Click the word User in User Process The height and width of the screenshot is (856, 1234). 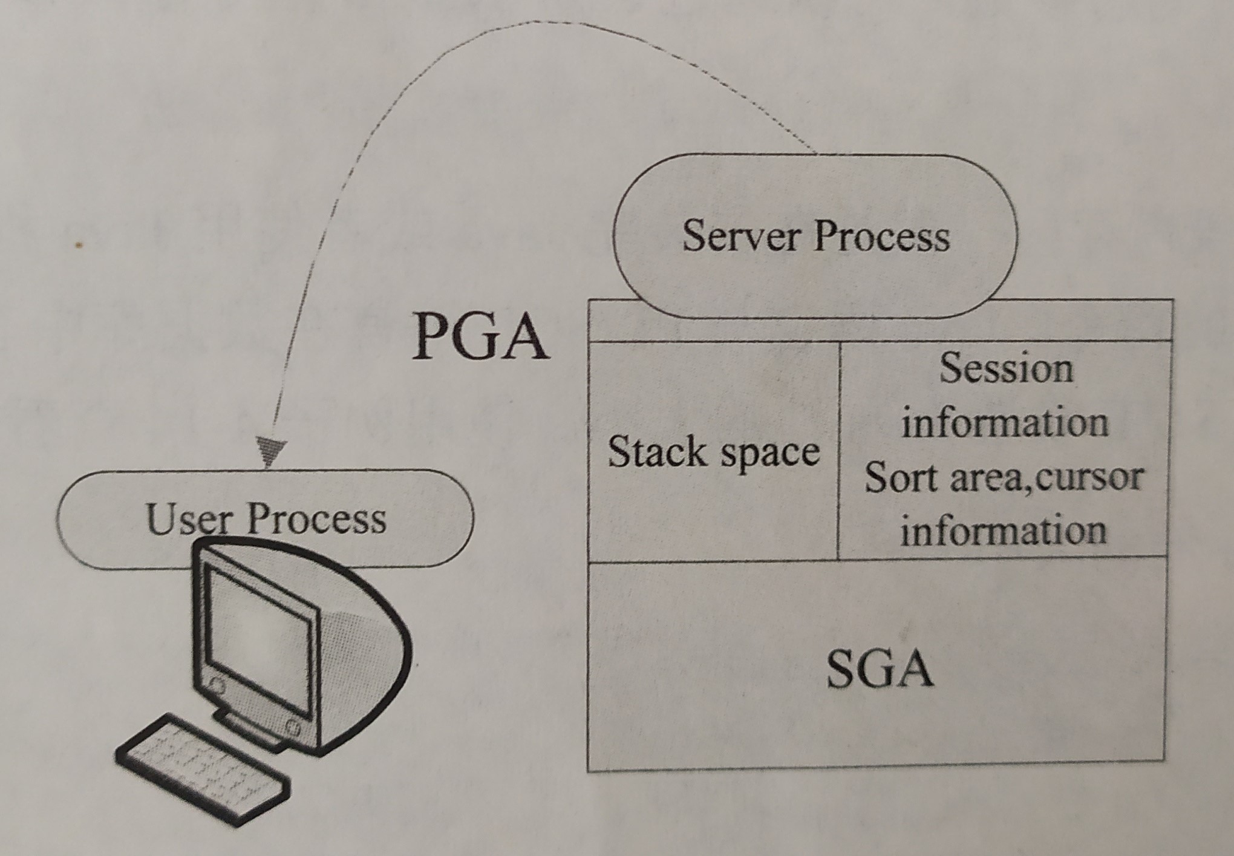click(189, 519)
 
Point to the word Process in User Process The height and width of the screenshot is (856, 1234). click(317, 519)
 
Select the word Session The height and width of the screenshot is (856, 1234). click(1006, 368)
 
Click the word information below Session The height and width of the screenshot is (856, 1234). click(1005, 423)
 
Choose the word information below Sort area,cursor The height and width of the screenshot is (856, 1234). click(1004, 531)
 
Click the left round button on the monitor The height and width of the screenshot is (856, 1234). click(216, 685)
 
